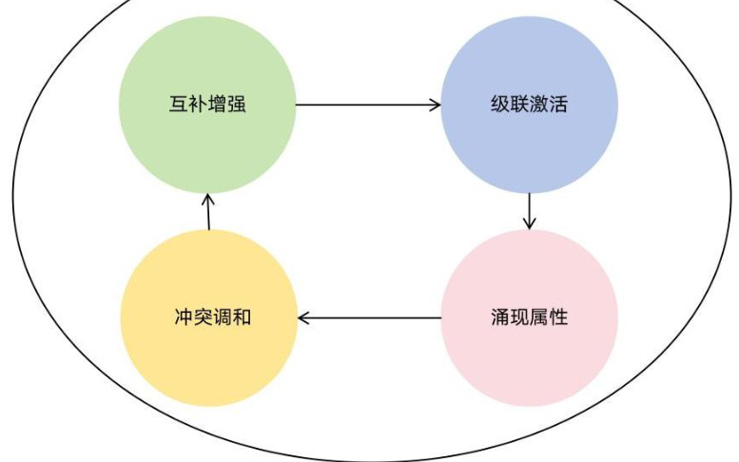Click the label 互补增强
click(207, 104)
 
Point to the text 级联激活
click(529, 104)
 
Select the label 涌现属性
click(529, 317)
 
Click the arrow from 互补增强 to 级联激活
click(368, 104)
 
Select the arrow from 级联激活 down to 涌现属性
click(529, 209)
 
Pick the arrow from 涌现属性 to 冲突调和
click(370, 317)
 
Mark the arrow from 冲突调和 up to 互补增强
click(208, 211)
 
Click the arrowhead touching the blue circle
click(436, 104)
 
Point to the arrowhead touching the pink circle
click(529, 223)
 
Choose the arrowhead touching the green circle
click(208, 196)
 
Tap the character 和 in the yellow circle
click(242, 317)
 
